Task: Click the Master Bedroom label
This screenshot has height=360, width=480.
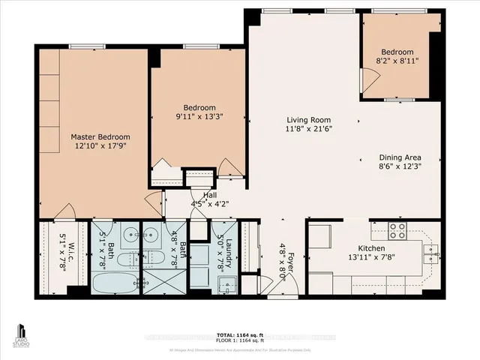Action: click(100, 137)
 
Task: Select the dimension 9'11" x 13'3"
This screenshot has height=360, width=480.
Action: click(199, 117)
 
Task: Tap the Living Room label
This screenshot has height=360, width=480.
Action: click(308, 120)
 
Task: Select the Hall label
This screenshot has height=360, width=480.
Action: click(199, 194)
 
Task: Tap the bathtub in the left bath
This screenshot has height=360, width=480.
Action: click(114, 284)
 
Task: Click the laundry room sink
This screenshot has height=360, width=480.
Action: click(223, 284)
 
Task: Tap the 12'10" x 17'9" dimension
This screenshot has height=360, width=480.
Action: click(100, 148)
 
